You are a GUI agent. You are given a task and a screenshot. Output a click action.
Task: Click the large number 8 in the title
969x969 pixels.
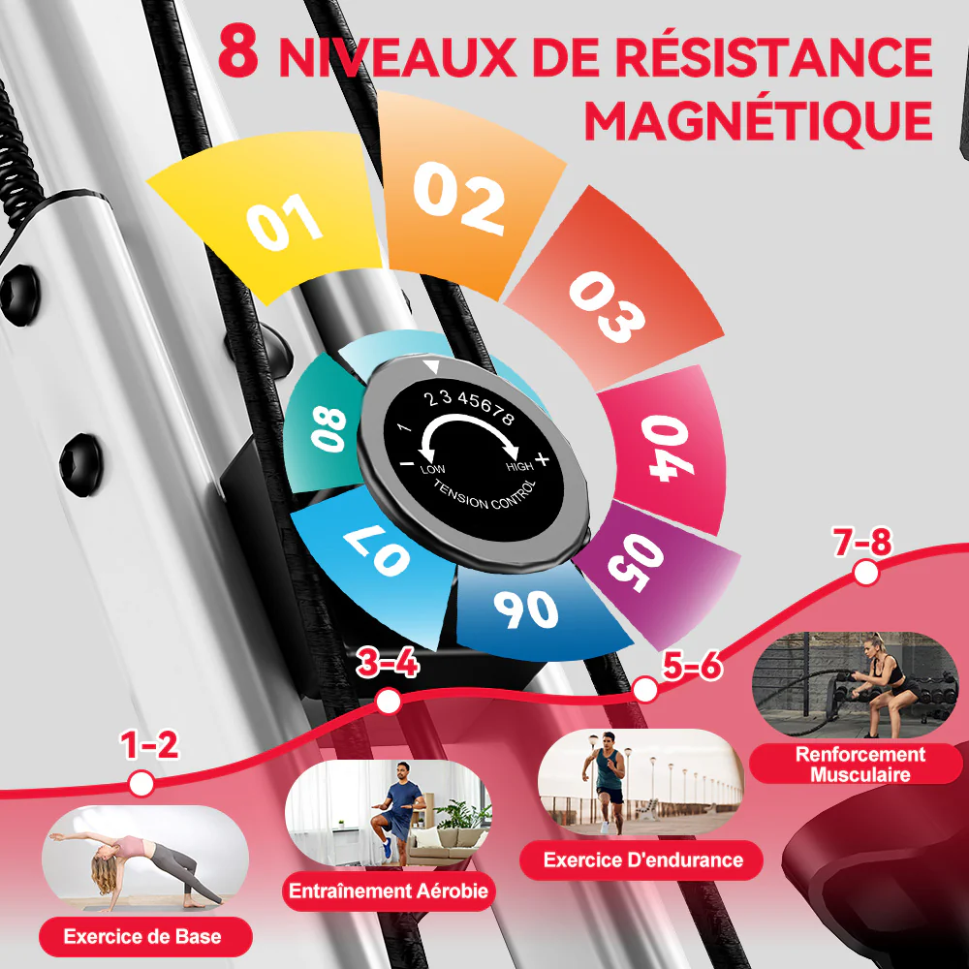click(238, 53)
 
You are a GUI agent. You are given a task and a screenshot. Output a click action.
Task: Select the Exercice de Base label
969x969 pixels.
click(142, 937)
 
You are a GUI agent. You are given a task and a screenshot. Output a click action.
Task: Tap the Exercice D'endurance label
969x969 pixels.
click(642, 860)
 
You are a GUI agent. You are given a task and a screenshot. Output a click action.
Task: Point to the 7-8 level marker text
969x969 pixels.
click(861, 543)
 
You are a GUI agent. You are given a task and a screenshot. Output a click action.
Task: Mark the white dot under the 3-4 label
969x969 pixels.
click(388, 701)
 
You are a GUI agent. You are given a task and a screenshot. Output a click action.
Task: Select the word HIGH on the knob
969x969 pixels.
click(519, 466)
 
